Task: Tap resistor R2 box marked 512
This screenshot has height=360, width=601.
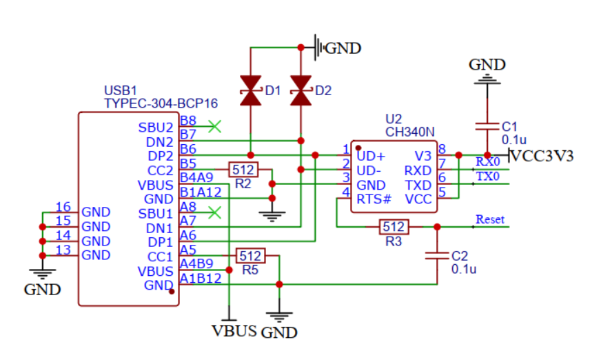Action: [243, 170]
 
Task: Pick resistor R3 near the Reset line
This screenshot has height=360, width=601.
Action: [394, 226]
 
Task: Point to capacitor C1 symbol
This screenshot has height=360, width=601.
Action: [487, 127]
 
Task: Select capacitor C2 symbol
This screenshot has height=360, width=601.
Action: [437, 256]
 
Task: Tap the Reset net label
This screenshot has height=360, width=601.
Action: [490, 219]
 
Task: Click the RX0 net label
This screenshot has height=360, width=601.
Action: [487, 161]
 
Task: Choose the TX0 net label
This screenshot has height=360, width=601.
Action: [487, 177]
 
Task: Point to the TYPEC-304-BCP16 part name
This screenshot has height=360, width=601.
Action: [160, 103]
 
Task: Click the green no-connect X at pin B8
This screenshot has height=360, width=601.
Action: [215, 126]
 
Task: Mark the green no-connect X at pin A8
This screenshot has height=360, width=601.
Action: [215, 212]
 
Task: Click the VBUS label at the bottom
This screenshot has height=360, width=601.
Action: [234, 330]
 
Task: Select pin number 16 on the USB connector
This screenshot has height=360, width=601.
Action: [63, 207]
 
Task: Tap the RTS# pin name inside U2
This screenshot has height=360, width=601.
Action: [374, 199]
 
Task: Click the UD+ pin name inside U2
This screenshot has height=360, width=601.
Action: [371, 156]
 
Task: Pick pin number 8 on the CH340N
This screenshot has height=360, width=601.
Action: [442, 149]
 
